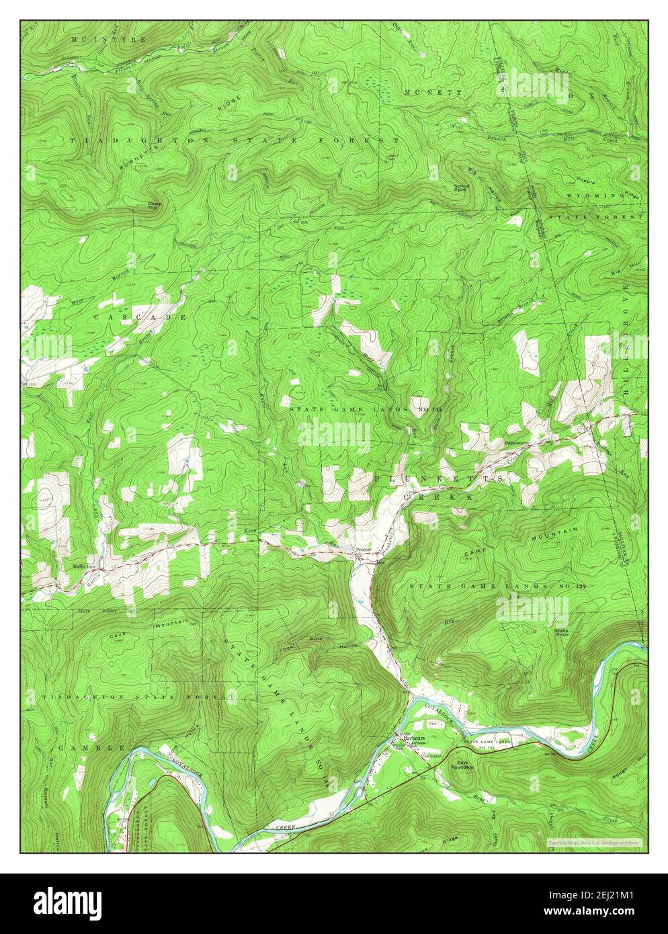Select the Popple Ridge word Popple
pos(587,181)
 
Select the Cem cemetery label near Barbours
pos(433,723)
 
